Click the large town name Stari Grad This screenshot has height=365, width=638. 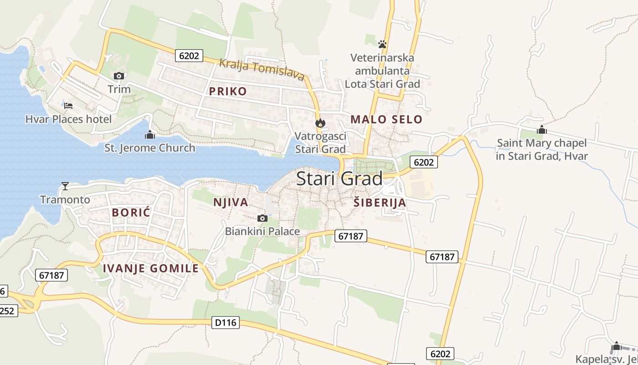click(340, 179)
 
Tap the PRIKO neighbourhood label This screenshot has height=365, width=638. click(228, 91)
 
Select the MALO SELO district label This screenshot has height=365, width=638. click(386, 120)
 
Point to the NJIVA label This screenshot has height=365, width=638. click(231, 202)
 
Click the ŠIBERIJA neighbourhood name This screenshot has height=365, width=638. click(380, 203)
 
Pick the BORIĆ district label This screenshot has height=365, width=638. click(131, 213)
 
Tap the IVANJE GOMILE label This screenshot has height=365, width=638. click(151, 268)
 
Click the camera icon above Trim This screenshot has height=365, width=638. click(119, 76)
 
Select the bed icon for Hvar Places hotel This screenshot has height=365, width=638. click(68, 106)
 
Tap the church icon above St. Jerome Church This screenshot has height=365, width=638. click(149, 135)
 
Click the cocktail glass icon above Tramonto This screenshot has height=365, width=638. click(65, 186)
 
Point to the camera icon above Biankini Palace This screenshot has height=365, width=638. click(262, 218)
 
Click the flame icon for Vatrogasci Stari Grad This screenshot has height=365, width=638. click(320, 123)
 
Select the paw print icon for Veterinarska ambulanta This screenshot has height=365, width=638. click(382, 44)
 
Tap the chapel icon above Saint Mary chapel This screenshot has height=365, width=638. click(541, 130)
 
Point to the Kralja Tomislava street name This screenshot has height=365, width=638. click(262, 69)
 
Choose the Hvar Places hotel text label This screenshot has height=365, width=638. click(68, 120)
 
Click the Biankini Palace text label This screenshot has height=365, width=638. click(262, 231)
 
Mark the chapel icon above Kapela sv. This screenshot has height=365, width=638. click(616, 346)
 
